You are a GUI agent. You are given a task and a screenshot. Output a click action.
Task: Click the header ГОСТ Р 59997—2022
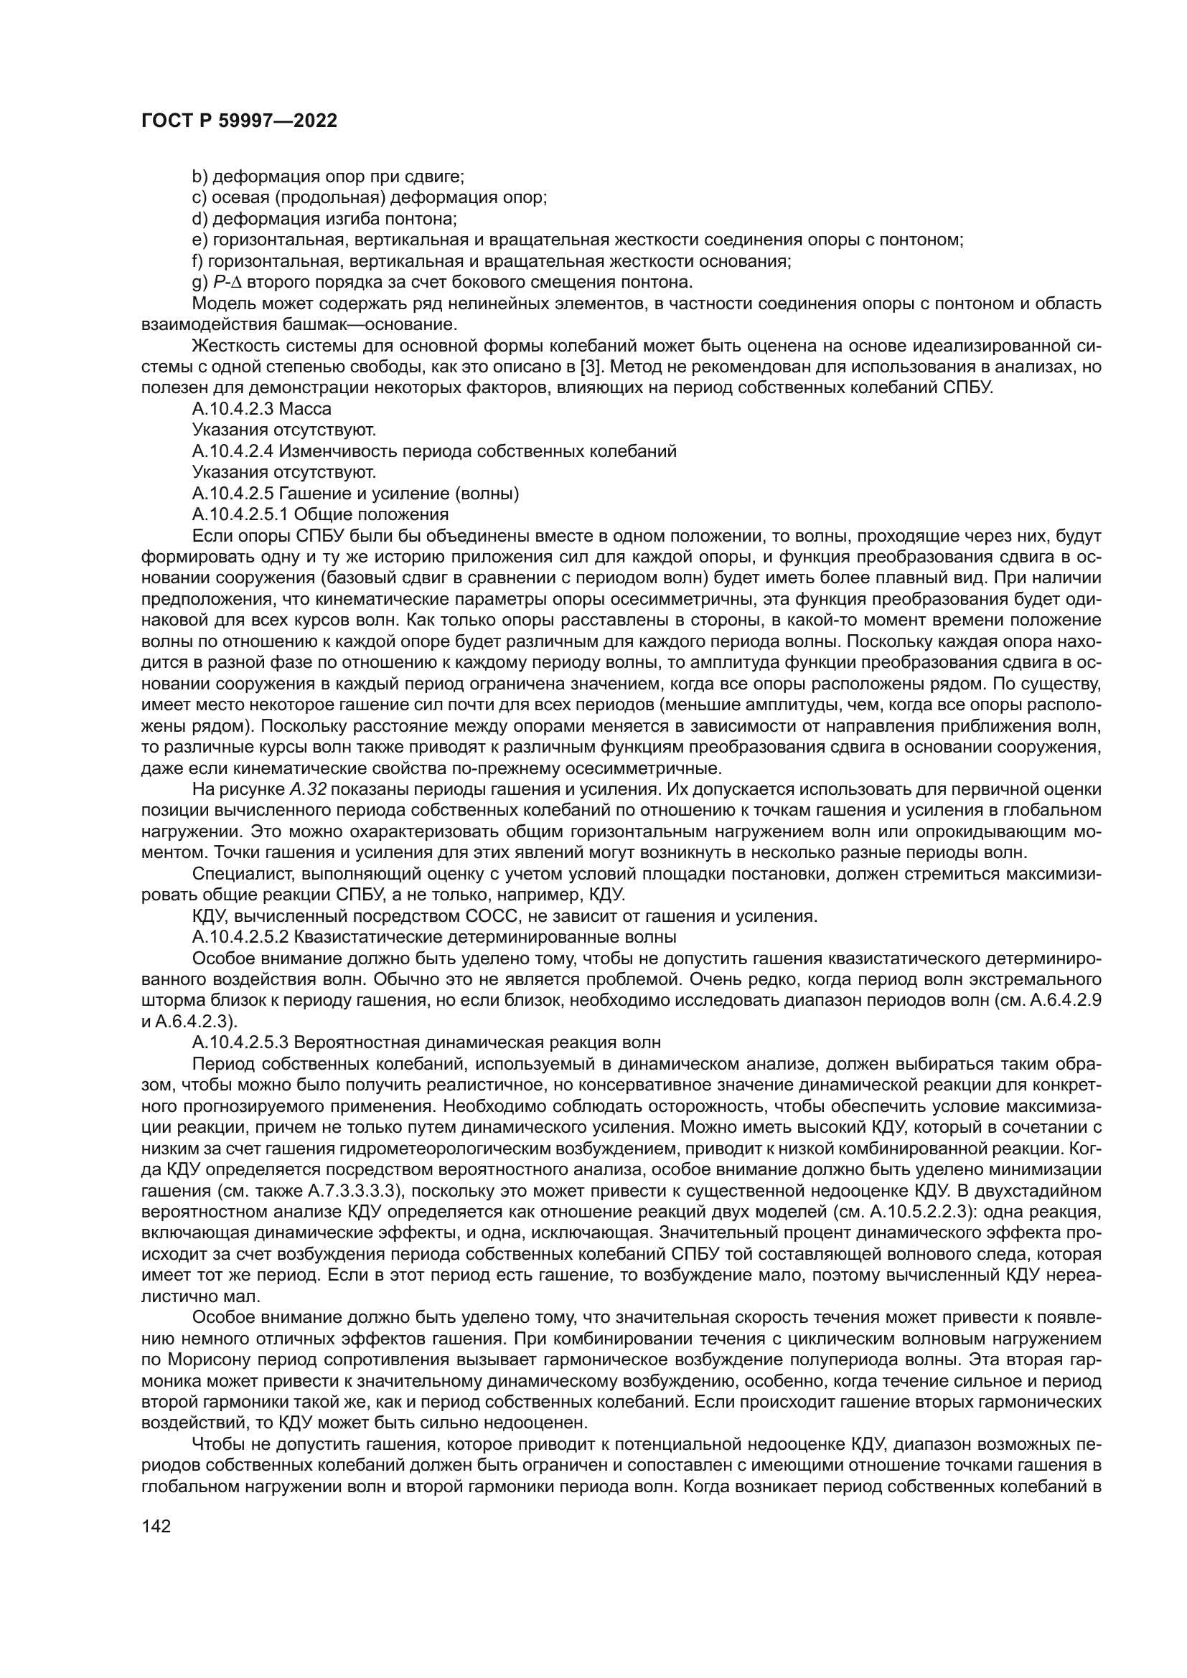pyautogui.click(x=238, y=121)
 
